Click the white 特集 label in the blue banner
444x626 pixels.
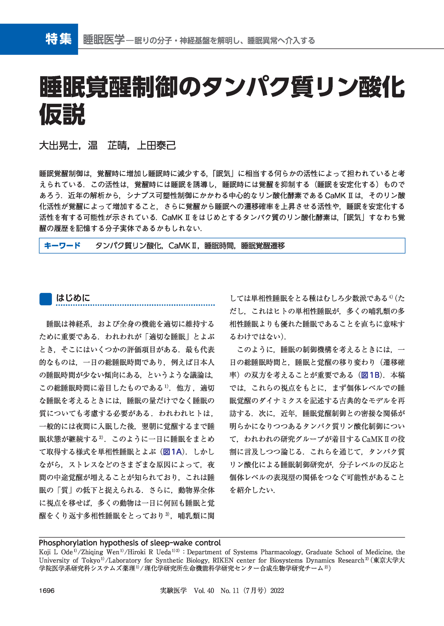[59, 39]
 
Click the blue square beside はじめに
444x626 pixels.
[46, 299]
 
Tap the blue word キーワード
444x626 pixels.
[62, 246]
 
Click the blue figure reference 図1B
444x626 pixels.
[370, 375]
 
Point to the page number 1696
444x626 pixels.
[47, 591]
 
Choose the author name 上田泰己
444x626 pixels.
[156, 145]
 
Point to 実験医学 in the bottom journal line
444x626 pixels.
[173, 591]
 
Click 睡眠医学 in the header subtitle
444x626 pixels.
[104, 40]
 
